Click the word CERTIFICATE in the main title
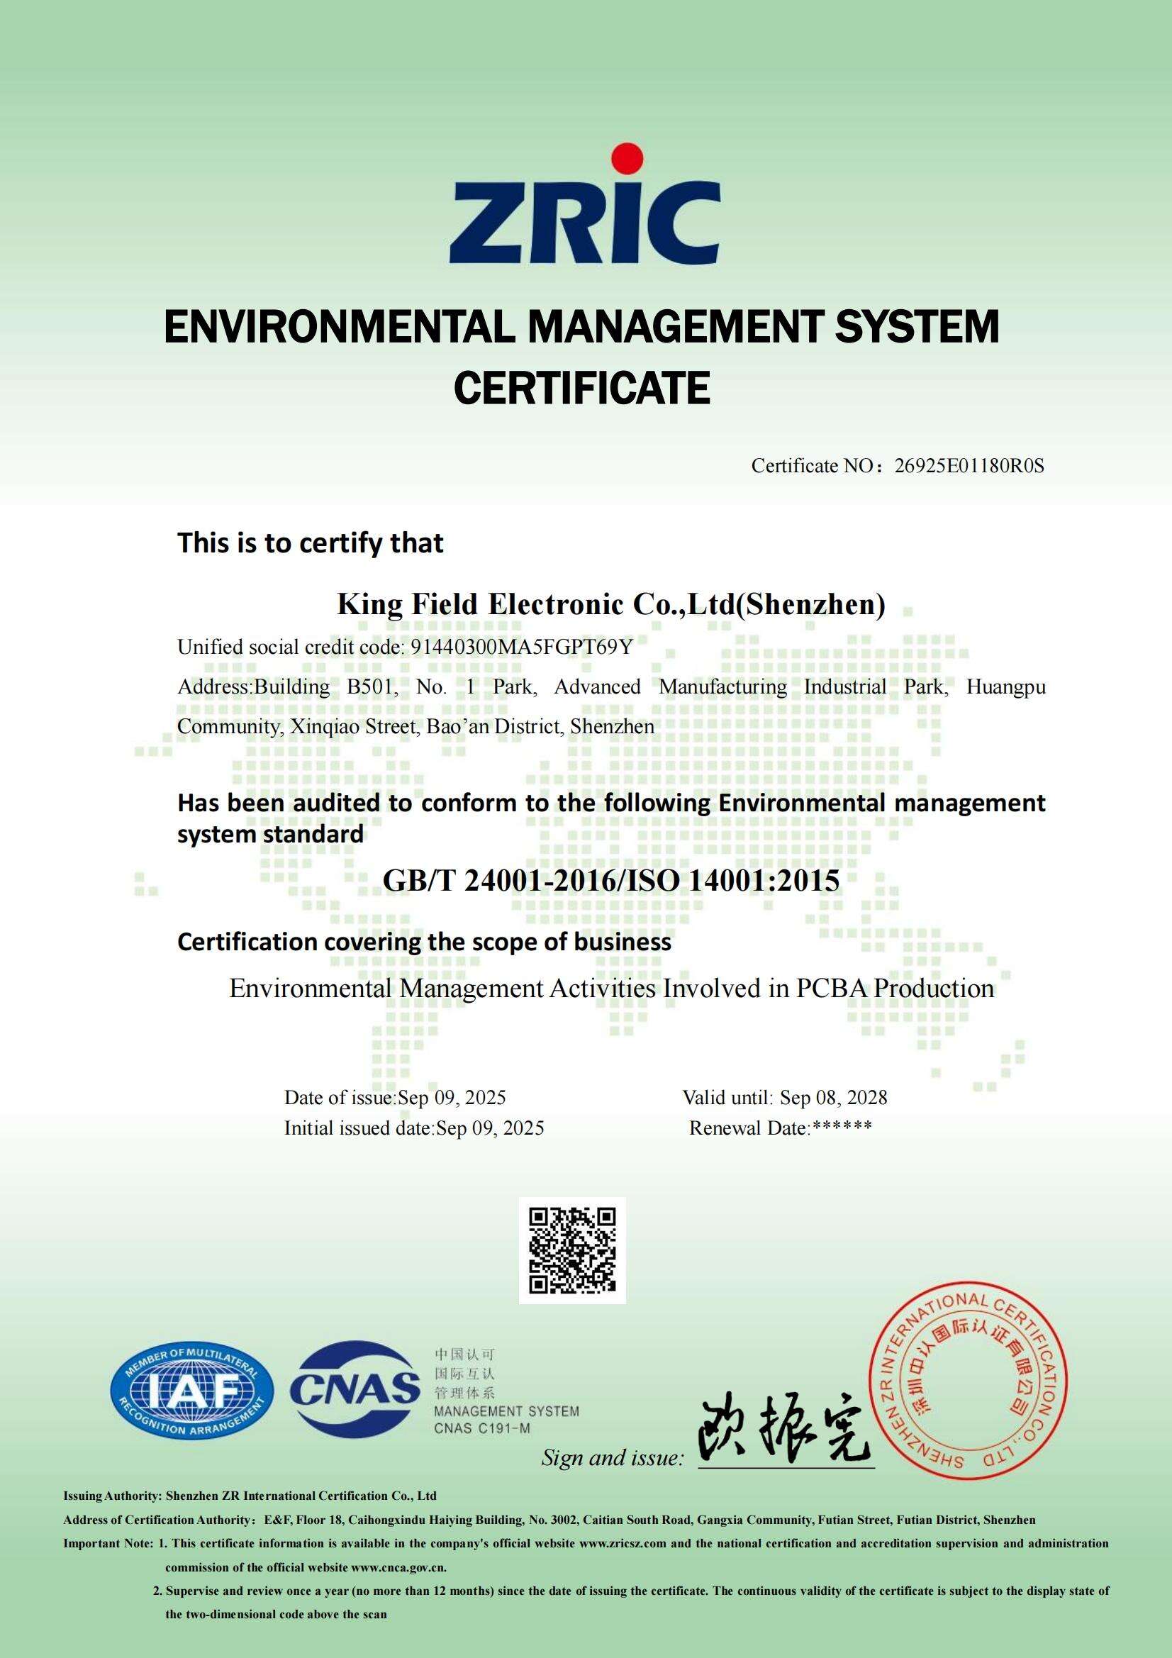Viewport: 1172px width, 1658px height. point(582,388)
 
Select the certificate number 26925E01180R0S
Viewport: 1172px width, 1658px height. point(969,466)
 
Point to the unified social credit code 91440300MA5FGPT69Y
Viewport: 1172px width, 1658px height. point(521,646)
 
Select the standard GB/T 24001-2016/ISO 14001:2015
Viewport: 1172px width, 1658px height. point(611,880)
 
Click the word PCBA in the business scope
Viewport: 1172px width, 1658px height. point(832,988)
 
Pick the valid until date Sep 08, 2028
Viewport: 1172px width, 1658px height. point(833,1098)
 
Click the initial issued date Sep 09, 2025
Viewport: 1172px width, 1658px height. point(491,1128)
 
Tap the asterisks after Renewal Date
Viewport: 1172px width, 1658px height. point(842,1128)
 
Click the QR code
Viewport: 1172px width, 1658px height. point(573,1250)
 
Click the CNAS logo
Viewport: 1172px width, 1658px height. point(355,1387)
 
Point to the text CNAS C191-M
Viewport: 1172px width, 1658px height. point(481,1428)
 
